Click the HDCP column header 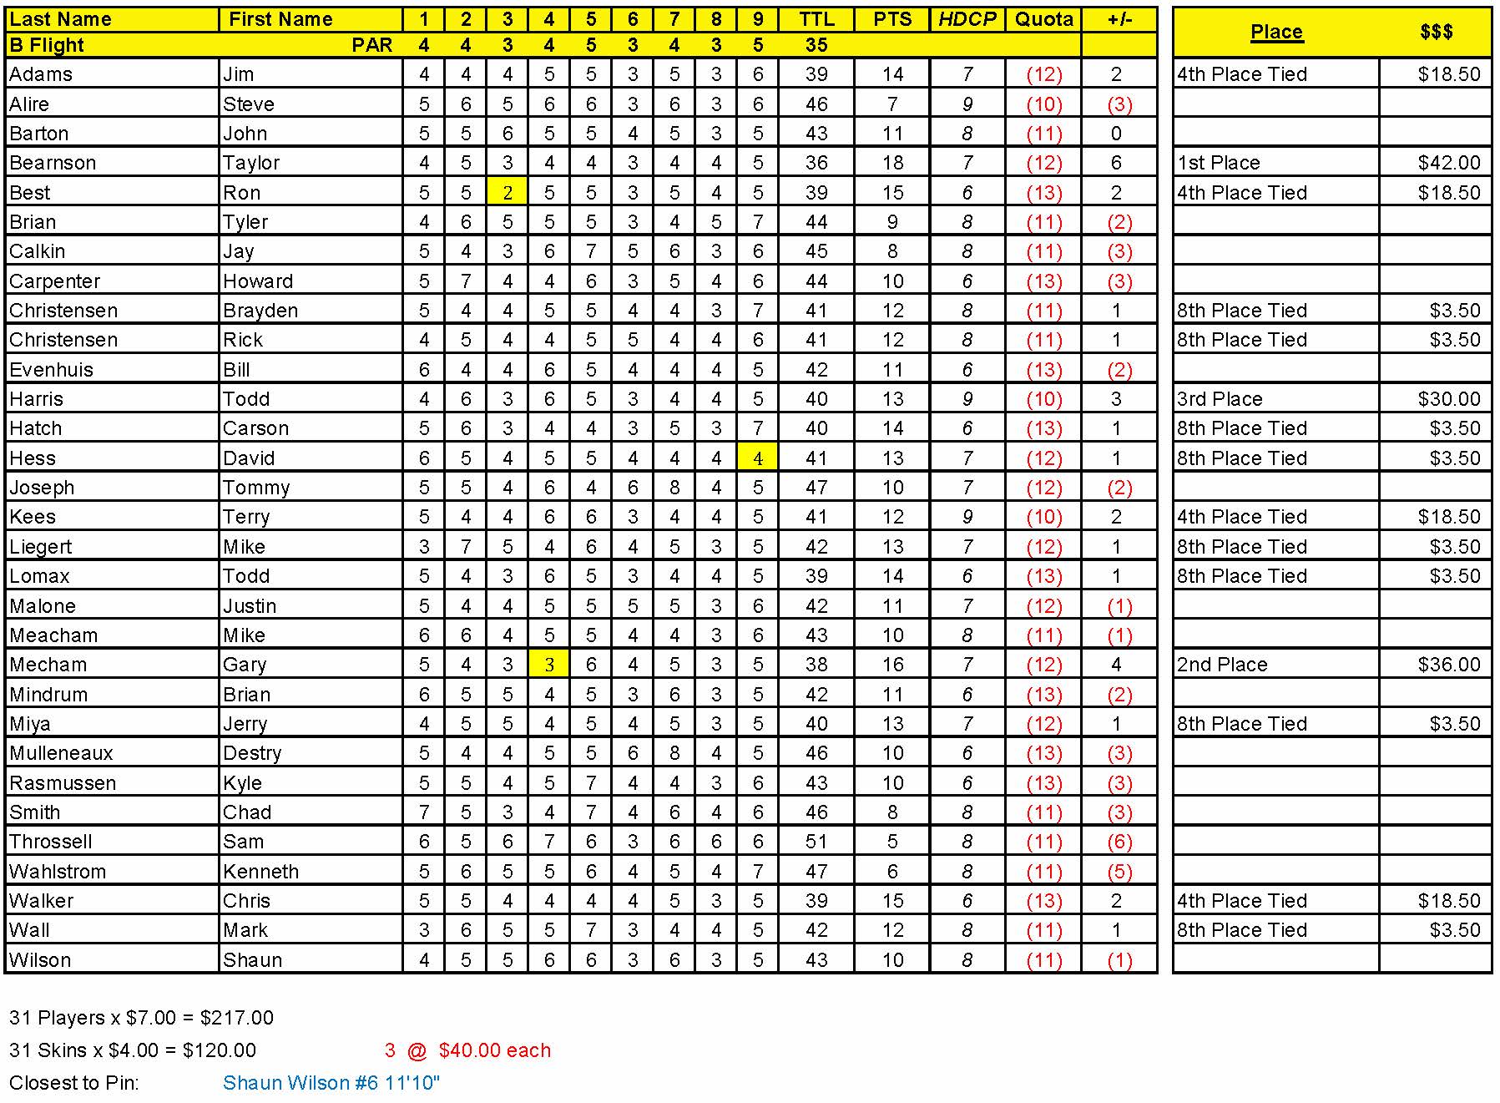[967, 19]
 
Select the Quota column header [1043, 19]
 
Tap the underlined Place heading [1276, 32]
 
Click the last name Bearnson [53, 163]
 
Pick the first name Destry [252, 753]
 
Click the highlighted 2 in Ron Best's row [508, 193]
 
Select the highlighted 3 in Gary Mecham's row [549, 665]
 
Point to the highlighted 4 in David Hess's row [758, 458]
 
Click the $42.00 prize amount [1448, 163]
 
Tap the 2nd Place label [1222, 665]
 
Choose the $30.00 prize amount [1448, 399]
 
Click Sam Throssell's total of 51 [816, 842]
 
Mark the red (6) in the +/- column [1119, 842]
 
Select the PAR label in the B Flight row [372, 45]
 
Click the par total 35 [816, 45]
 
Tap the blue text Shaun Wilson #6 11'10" [331, 1083]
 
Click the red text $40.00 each [494, 1050]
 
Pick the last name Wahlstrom [58, 872]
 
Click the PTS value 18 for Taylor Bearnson [892, 163]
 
